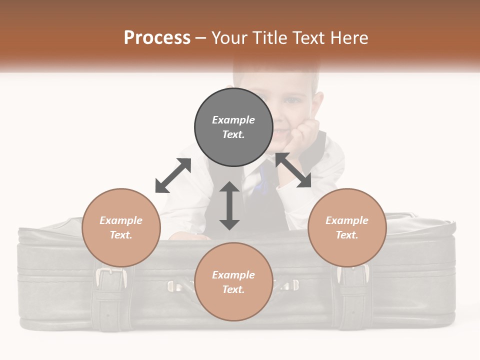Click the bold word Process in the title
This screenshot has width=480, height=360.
[x=157, y=38]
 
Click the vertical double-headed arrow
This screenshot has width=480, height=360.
[x=229, y=205]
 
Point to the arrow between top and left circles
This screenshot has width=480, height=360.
[x=173, y=175]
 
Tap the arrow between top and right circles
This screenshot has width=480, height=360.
[x=293, y=170]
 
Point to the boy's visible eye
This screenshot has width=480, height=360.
[x=292, y=99]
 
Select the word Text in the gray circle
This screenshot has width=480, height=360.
[x=233, y=134]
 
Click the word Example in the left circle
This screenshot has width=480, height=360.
[x=121, y=220]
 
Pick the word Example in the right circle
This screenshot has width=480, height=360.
[x=347, y=220]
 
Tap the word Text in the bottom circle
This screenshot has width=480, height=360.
[x=233, y=289]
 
